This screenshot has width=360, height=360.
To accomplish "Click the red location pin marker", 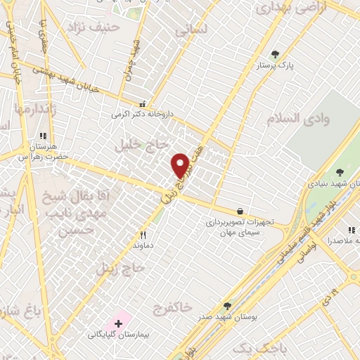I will [181, 165].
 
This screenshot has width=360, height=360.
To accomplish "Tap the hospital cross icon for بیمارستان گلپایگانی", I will [118, 323].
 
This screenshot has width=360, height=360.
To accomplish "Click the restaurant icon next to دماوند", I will [143, 236].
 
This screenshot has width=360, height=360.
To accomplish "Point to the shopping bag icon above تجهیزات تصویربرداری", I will [240, 210].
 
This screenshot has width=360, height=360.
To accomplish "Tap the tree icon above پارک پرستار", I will [275, 54].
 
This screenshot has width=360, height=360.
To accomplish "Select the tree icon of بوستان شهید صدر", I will [227, 306].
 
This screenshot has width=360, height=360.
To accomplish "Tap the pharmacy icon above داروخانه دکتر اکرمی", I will [143, 103].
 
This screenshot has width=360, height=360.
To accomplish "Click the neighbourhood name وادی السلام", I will [297, 117].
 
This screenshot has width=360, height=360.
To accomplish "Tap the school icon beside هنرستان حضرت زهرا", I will [43, 136].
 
